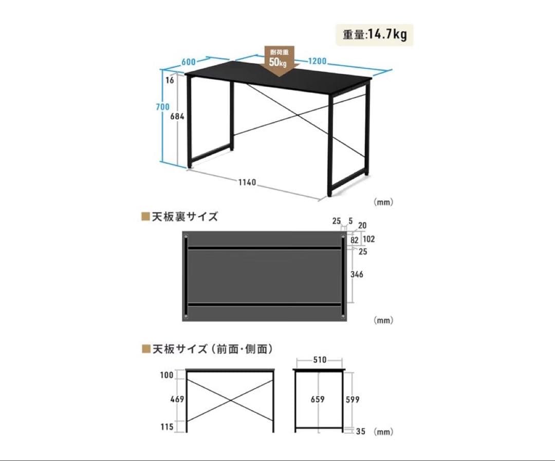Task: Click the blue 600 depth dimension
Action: point(189,62)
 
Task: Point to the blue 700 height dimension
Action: point(163,106)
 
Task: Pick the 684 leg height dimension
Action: point(177,116)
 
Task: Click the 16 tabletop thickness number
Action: point(170,80)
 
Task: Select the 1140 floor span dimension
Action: point(247,182)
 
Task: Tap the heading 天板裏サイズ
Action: point(185,216)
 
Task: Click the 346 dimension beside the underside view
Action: point(357,274)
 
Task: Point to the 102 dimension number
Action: point(368,239)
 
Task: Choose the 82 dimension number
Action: point(354,241)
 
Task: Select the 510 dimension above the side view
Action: point(320,360)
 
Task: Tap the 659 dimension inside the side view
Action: point(318,399)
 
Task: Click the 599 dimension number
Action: point(353,400)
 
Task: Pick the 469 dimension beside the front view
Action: point(177,399)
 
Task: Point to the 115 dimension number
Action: point(166,427)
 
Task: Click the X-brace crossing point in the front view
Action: point(230,400)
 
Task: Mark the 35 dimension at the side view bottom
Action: point(360,431)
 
